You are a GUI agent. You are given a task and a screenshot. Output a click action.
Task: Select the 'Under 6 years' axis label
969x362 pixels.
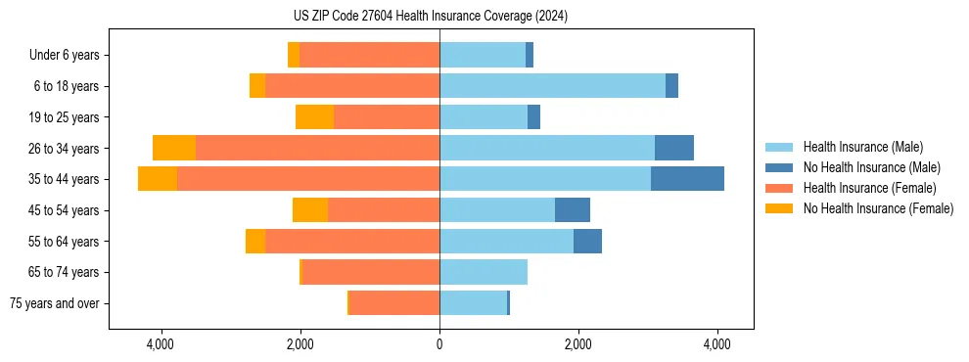[x=64, y=55]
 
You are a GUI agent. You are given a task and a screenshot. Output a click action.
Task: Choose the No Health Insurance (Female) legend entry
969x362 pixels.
[x=878, y=208]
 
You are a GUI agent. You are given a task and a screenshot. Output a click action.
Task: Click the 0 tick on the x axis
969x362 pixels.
[x=439, y=344]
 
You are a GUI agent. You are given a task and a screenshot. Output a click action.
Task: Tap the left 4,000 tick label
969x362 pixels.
[x=160, y=344]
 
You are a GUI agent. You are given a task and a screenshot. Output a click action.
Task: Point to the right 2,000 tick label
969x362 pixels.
[x=578, y=344]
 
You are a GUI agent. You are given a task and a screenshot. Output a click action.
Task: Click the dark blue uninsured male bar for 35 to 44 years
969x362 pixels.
[x=687, y=179]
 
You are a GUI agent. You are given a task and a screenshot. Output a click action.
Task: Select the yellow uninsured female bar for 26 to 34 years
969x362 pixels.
[x=174, y=148]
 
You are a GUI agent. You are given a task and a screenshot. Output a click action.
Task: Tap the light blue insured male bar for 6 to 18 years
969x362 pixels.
[x=552, y=86]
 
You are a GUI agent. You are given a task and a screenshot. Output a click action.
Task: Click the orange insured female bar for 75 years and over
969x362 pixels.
[x=393, y=303]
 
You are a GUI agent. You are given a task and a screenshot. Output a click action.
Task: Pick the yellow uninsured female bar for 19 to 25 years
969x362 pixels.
[x=314, y=117]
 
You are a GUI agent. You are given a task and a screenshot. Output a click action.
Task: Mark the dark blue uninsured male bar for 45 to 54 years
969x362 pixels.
[x=573, y=210]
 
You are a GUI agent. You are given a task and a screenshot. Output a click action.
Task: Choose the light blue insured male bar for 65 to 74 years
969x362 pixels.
[x=484, y=272]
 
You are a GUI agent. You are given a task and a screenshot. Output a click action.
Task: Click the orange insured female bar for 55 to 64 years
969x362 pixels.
[x=352, y=241]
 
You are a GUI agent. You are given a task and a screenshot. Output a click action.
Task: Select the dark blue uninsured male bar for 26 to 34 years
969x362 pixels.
[x=674, y=148]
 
